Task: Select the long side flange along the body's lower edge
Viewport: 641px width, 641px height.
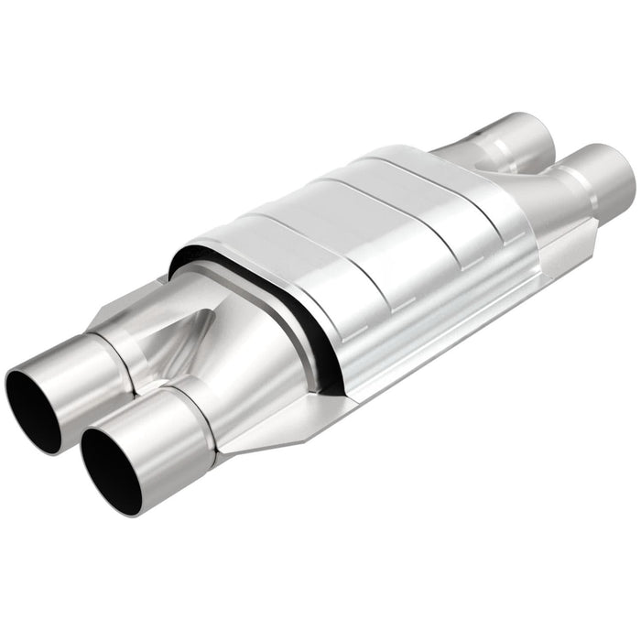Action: [x=412, y=366]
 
